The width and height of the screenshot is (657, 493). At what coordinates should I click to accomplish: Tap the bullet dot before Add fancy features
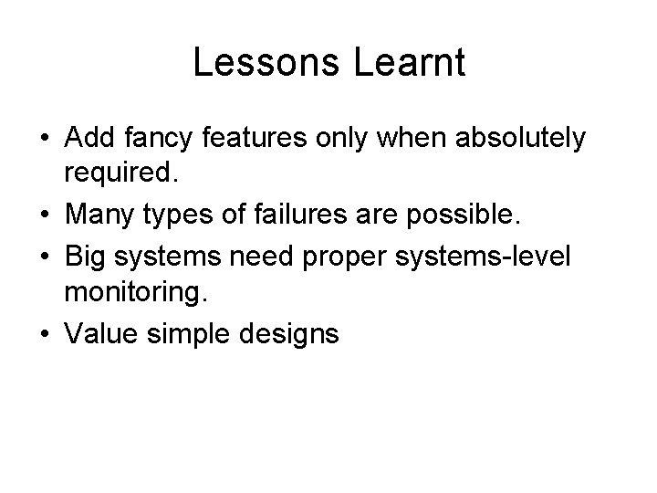click(44, 139)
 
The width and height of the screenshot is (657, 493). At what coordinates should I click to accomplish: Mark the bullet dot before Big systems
click(44, 257)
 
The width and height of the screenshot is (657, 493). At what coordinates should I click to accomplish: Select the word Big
click(84, 257)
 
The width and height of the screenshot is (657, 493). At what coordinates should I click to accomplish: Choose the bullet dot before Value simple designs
click(44, 335)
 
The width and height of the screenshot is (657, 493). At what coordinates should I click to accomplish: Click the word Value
click(99, 335)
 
